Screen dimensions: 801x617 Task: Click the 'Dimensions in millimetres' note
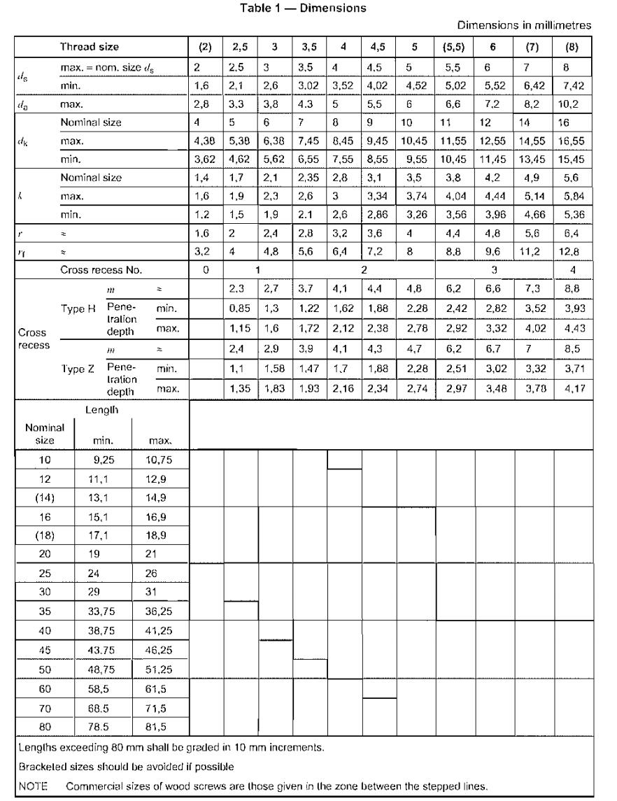(x=524, y=25)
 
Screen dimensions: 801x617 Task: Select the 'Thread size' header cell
(x=89, y=47)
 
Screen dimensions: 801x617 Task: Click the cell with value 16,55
(x=572, y=141)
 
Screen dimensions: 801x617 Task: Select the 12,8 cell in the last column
(x=572, y=250)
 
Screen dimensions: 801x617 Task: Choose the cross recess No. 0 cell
(x=205, y=269)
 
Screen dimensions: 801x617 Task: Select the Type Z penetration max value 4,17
(x=572, y=387)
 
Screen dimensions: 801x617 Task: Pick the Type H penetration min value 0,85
(x=240, y=304)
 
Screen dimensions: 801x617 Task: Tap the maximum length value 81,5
(x=160, y=725)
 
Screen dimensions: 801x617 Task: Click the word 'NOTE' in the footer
(x=32, y=786)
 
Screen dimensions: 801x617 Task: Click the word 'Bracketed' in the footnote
(x=41, y=766)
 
